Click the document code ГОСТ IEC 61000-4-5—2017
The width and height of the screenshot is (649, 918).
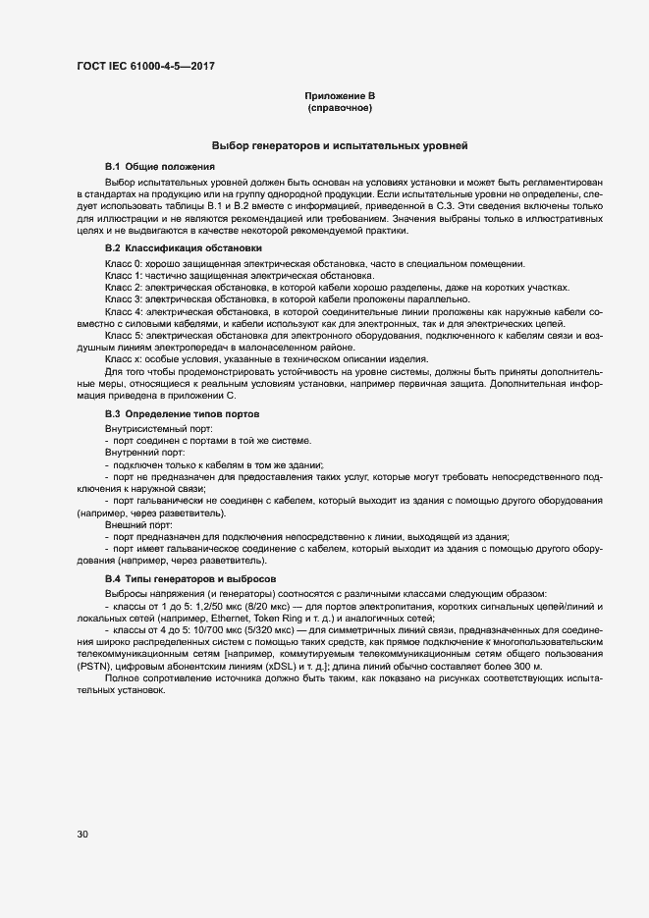(144, 67)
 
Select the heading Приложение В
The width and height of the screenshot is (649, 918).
(340, 96)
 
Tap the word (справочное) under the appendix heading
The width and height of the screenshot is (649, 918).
(340, 108)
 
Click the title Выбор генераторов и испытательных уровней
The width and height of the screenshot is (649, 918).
(339, 145)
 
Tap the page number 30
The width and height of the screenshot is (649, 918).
(82, 835)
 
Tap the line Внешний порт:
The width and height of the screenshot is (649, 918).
(137, 525)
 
